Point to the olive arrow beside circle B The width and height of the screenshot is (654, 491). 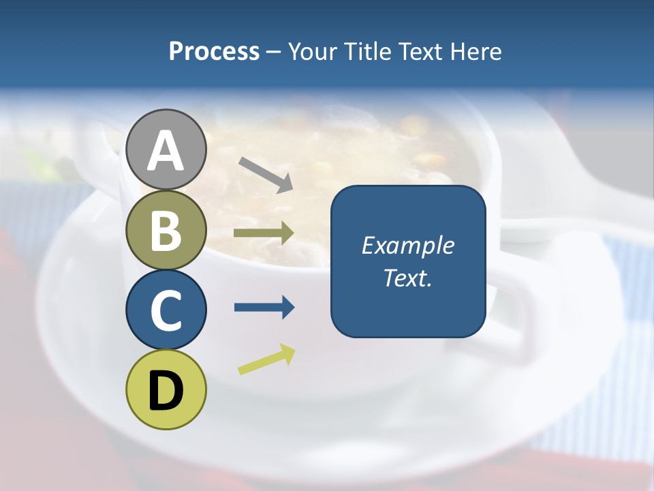[264, 233]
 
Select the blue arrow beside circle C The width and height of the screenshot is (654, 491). [264, 308]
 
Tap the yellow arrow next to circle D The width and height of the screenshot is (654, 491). [266, 359]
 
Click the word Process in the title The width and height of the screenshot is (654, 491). [214, 51]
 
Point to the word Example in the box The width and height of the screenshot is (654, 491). [407, 245]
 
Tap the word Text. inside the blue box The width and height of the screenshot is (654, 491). [407, 278]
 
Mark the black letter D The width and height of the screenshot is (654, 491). [166, 391]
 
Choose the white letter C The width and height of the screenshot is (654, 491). [166, 311]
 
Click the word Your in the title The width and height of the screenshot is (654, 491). [313, 51]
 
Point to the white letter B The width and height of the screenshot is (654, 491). [166, 230]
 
